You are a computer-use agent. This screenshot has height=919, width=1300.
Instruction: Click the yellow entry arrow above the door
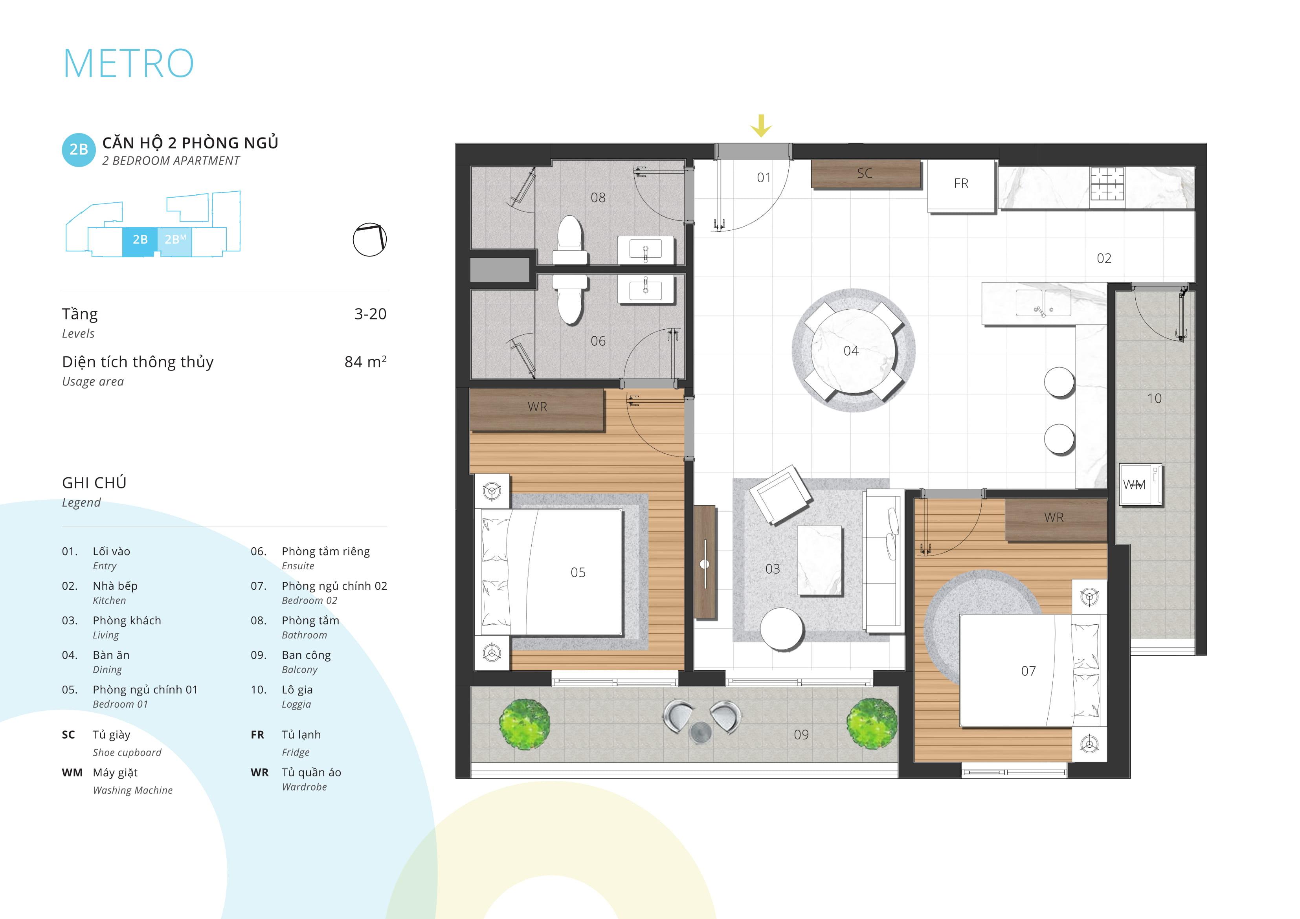761,126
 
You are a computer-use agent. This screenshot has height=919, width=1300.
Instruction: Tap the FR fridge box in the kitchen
961,186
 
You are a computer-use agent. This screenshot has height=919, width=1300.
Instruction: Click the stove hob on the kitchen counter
1107,184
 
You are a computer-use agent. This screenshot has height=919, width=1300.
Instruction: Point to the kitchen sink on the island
1043,303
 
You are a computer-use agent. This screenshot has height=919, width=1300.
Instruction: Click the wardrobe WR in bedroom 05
537,410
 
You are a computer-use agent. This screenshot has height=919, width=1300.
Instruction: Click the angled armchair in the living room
781,494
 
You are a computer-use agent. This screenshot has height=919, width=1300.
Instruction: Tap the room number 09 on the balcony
801,734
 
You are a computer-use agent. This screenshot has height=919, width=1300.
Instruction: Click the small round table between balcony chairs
701,732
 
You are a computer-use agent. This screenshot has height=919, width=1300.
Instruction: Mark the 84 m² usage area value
365,361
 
